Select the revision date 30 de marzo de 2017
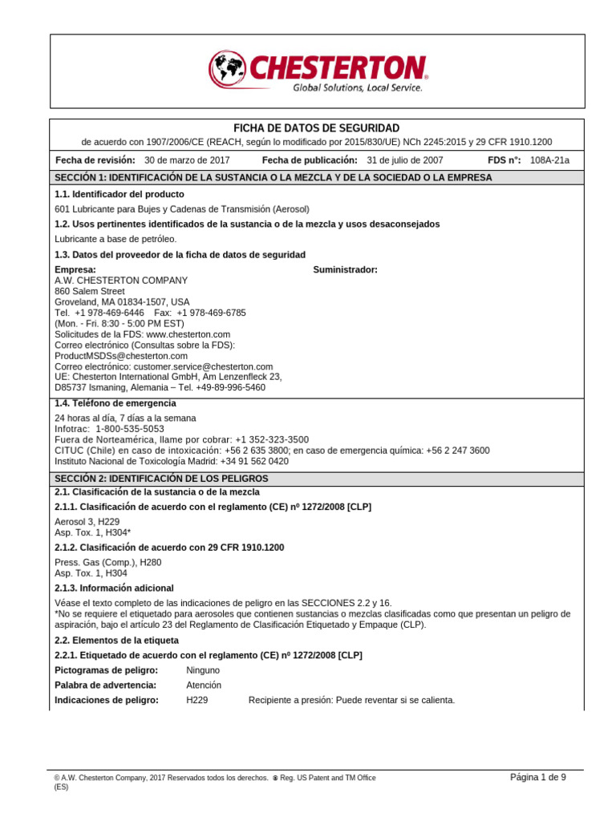point(187,160)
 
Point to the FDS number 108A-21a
point(549,160)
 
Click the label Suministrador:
point(345,269)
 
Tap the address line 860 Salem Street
point(90,291)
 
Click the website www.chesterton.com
point(188,334)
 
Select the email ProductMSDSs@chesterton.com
point(121,356)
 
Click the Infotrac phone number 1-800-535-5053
point(129,429)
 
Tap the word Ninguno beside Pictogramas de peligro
point(203,669)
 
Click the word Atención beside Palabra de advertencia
point(204,685)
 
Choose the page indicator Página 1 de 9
point(538,777)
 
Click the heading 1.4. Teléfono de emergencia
point(115,403)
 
